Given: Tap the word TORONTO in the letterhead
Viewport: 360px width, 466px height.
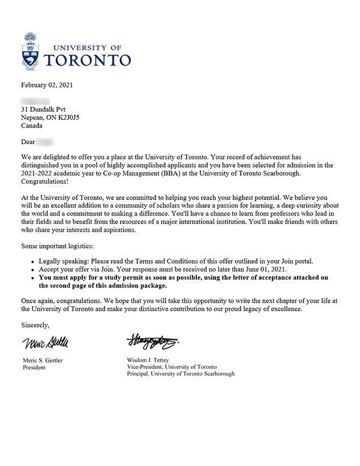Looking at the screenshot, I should pos(88,59).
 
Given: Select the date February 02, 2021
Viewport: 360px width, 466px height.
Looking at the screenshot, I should pos(50,84).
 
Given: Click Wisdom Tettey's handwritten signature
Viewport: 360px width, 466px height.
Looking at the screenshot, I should pos(152,342).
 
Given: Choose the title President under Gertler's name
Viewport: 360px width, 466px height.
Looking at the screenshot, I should pos(34,368).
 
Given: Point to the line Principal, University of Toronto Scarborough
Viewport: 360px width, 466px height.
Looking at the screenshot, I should pos(181,374).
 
